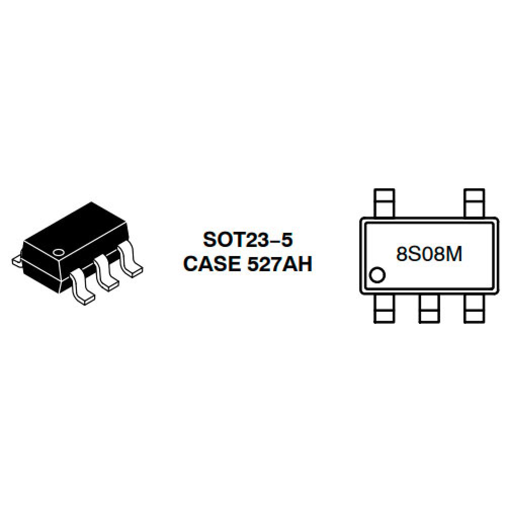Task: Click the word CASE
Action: pyautogui.click(x=212, y=264)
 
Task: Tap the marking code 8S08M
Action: pyautogui.click(x=429, y=254)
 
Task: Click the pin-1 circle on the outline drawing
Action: pyautogui.click(x=377, y=275)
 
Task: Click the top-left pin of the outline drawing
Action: pyautogui.click(x=384, y=203)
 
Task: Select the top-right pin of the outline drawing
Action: pyautogui.click(x=474, y=203)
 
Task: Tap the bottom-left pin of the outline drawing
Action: pyautogui.click(x=384, y=309)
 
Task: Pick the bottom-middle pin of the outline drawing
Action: pyautogui.click(x=429, y=309)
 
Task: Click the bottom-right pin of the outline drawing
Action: pyautogui.click(x=474, y=309)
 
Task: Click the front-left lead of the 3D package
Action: pyautogui.click(x=82, y=287)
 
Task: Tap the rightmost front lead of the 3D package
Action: pyautogui.click(x=131, y=259)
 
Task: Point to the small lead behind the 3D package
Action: pyautogui.click(x=17, y=261)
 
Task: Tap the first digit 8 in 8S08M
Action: pyautogui.click(x=401, y=254)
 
